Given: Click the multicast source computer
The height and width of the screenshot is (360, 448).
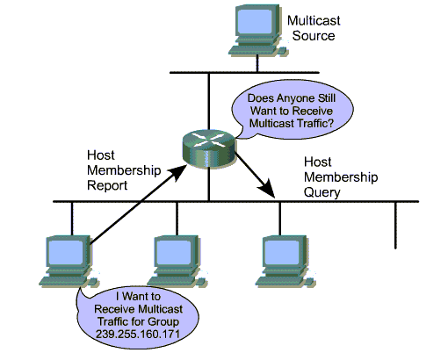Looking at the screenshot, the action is [x=257, y=30].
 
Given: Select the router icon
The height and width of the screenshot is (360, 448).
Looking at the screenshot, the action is [x=209, y=148].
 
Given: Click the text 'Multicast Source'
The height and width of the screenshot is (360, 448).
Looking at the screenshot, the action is [x=314, y=28].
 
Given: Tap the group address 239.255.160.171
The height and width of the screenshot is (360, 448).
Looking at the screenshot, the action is [x=138, y=334].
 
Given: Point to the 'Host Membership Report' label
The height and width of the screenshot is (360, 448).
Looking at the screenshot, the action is [x=124, y=170].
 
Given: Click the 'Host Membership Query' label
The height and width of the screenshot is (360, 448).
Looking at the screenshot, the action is [x=341, y=177].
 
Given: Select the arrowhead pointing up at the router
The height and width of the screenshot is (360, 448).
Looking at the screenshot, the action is [x=177, y=172].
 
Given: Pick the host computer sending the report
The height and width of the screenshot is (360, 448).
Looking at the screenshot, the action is [x=69, y=262].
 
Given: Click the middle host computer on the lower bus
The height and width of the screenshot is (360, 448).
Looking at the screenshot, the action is [x=177, y=262].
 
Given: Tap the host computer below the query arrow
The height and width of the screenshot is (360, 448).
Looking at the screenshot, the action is [x=285, y=262].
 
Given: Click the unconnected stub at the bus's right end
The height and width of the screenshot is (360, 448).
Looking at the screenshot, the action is [x=395, y=226].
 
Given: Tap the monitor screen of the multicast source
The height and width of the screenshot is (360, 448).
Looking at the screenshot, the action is [x=254, y=22].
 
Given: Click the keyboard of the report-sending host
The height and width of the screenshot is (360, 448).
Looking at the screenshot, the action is [x=64, y=281].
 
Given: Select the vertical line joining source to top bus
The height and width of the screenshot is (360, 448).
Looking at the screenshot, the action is [x=257, y=63].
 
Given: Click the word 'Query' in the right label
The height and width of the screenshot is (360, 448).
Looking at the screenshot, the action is [x=322, y=192].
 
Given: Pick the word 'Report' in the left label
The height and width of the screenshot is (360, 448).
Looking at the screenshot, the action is [x=107, y=185].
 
